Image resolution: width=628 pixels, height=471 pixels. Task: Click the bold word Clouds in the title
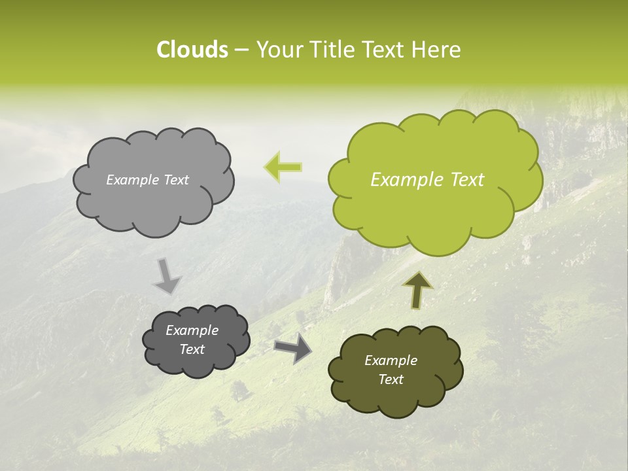click(192, 50)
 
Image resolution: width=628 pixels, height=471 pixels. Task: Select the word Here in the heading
click(438, 50)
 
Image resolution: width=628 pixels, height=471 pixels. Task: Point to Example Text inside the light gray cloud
click(147, 180)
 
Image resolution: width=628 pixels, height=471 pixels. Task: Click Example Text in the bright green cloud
click(427, 180)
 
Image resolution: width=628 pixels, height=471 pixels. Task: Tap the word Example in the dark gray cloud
click(192, 330)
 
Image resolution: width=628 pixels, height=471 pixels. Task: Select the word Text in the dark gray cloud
click(192, 349)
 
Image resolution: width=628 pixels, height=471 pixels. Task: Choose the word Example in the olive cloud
click(391, 360)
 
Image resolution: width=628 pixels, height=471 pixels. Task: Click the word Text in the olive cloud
click(391, 379)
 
